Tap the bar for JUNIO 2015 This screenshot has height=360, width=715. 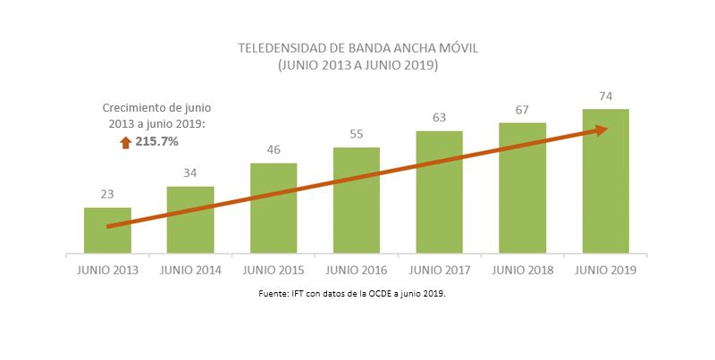tap(273, 209)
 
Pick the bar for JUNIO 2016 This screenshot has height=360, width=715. tap(357, 201)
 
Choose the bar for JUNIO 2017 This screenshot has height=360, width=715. tap(439, 193)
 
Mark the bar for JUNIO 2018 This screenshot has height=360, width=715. tap(522, 188)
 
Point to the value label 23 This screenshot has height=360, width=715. tap(107, 194)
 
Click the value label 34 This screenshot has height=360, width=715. tap(190, 172)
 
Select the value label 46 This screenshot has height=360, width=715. tap(273, 149)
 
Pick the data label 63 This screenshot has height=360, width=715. tap(439, 117)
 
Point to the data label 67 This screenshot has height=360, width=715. tap(522, 109)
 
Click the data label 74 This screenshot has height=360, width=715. tap(605, 96)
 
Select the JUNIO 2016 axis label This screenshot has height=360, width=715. tap(357, 270)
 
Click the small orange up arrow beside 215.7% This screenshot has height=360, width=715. tap(126, 142)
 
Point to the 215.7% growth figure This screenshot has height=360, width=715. tap(156, 142)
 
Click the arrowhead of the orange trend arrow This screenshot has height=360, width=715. tap(600, 130)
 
